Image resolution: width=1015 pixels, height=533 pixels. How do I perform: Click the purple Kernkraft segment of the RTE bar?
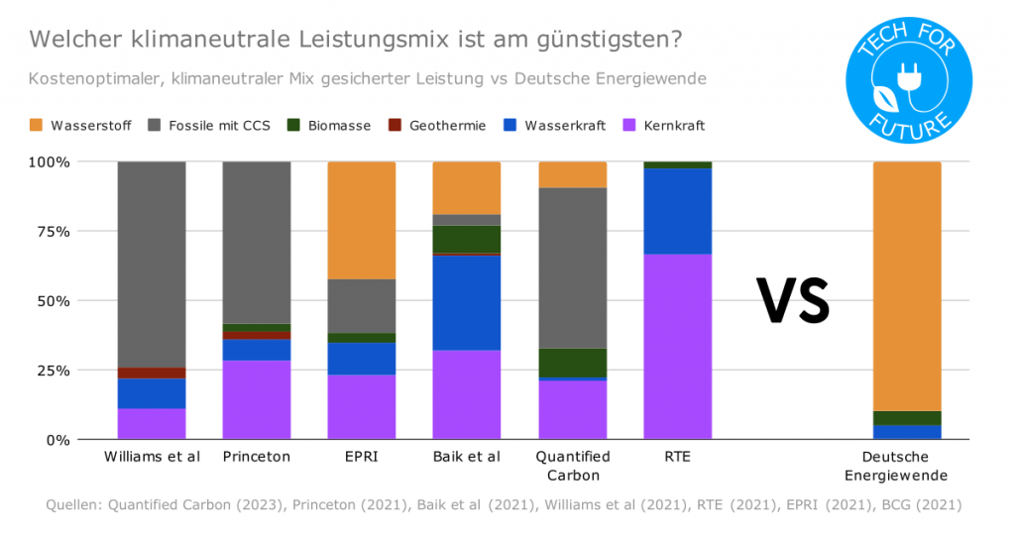point(678,347)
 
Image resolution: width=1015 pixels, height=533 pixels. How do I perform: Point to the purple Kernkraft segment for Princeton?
point(256,399)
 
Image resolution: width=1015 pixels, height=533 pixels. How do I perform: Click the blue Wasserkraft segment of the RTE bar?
point(678,211)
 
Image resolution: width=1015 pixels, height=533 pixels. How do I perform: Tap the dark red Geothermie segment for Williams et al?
point(152,373)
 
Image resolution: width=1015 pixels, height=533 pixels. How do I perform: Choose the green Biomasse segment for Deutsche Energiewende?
point(906,418)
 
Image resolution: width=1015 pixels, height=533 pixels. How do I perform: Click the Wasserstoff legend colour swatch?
point(37,126)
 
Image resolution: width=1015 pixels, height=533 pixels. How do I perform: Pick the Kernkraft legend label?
point(674,126)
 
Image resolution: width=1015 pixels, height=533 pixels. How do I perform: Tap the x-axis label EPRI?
point(362,457)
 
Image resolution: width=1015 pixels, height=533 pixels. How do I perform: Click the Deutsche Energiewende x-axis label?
point(906,465)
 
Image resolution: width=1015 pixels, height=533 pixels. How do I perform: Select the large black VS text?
point(793,300)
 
